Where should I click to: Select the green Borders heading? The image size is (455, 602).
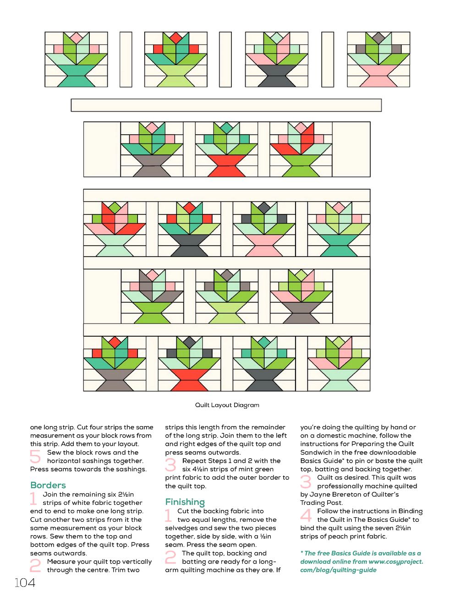pyautogui.click(x=48, y=485)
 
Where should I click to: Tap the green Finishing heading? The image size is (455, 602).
pyautogui.click(x=185, y=502)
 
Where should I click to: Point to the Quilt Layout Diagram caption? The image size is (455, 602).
pyautogui.click(x=227, y=405)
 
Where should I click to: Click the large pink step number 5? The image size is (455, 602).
pyautogui.click(x=35, y=457)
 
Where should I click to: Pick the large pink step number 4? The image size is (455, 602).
pyautogui.click(x=306, y=515)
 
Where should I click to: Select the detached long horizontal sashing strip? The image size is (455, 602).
pyautogui.click(x=226, y=105)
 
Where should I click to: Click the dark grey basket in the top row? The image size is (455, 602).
pyautogui.click(x=276, y=76)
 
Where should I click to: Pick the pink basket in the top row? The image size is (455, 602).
pyautogui.click(x=378, y=76)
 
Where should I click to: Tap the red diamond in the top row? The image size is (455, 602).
pyautogui.click(x=176, y=37)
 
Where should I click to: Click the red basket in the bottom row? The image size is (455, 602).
pyautogui.click(x=190, y=380)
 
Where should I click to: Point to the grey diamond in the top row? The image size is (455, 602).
pyautogui.click(x=378, y=37)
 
